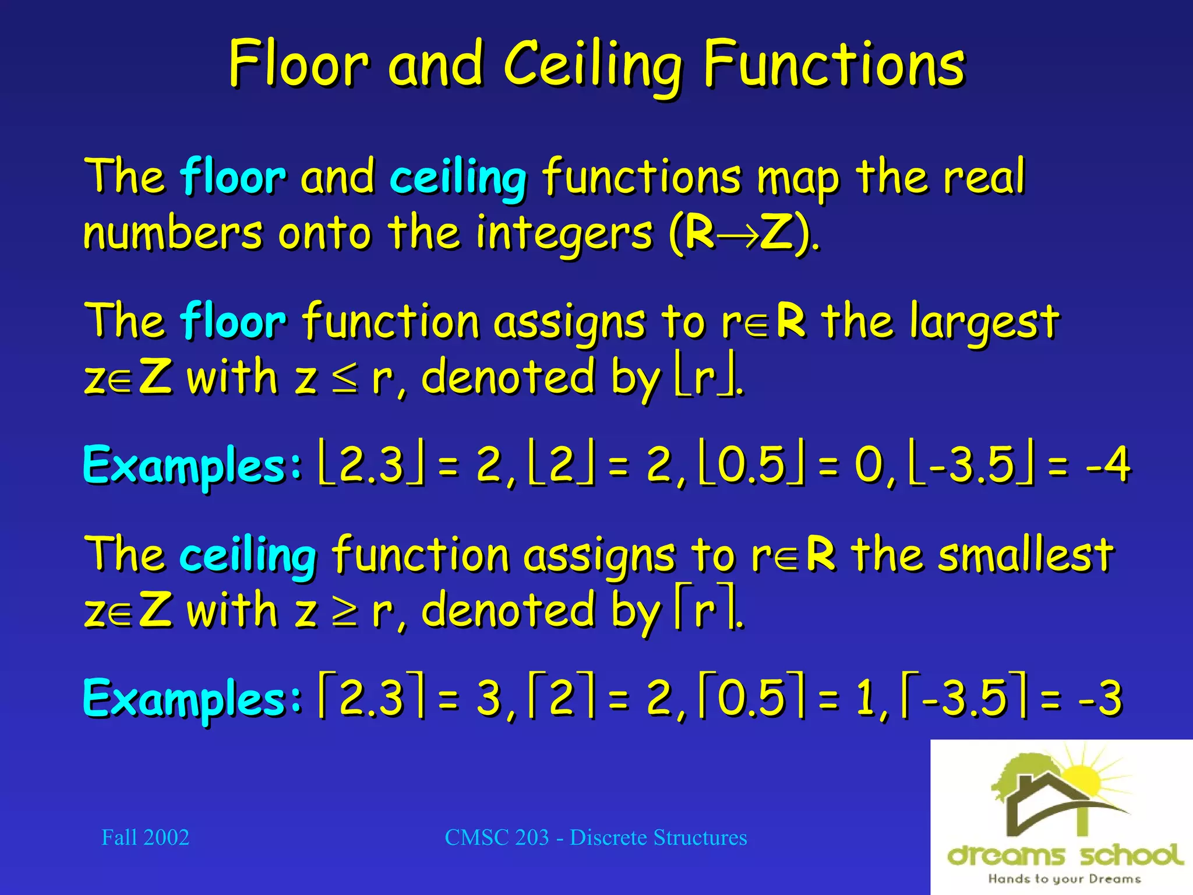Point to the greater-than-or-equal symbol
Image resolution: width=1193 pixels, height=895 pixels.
pyautogui.click(x=345, y=612)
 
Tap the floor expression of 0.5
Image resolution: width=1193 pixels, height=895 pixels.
pyautogui.click(x=751, y=464)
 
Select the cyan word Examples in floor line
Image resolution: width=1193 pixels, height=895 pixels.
pyautogui.click(x=192, y=466)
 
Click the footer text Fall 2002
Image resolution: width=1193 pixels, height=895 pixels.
pyautogui.click(x=145, y=837)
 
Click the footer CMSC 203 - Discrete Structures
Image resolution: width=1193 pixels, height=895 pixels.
pyautogui.click(x=595, y=837)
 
